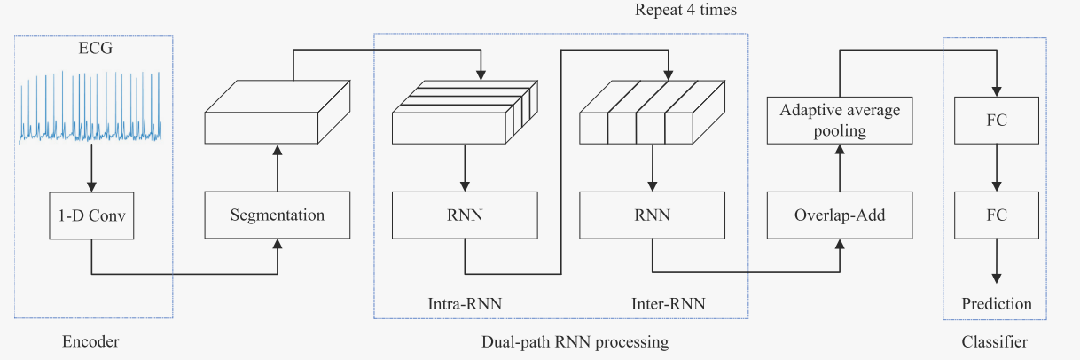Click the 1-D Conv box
pos(91,215)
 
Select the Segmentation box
pos(278,215)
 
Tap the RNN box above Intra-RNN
pos(465,215)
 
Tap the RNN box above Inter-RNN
pos(652,215)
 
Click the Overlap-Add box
pos(840,215)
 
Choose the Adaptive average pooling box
pos(840,121)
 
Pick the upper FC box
pos(997,121)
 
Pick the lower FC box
pos(997,215)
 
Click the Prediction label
pos(997,304)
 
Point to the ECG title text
pos(90,50)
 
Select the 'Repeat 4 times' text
pos(685,11)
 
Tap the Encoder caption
pos(90,341)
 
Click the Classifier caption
pos(995,341)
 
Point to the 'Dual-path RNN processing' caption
pos(575,341)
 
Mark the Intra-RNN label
pos(465,304)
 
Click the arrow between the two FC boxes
pos(997,168)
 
